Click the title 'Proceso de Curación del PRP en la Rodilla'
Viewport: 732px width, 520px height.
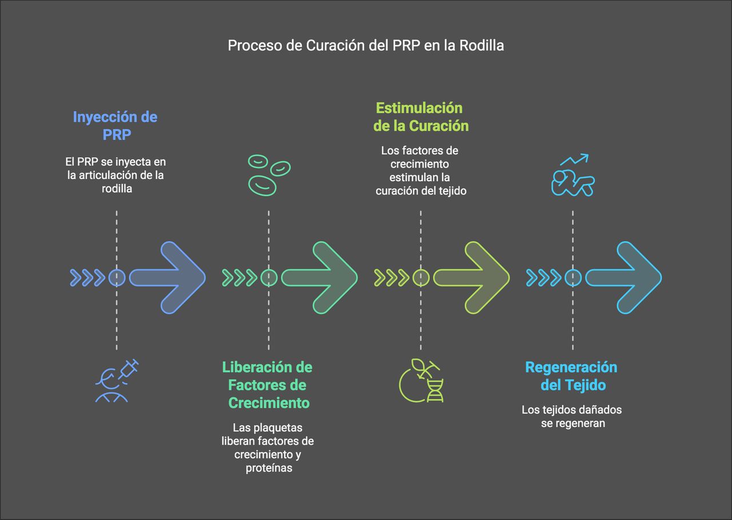(366, 46)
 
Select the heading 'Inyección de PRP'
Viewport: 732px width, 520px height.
(115, 126)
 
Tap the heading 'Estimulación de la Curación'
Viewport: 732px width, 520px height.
(420, 117)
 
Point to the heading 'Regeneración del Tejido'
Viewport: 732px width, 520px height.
(571, 375)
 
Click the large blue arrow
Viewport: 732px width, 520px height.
(167, 278)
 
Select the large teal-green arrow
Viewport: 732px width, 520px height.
(319, 278)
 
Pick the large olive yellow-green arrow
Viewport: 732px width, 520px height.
(471, 278)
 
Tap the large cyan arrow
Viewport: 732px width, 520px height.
(623, 278)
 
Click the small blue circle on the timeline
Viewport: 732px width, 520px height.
(117, 278)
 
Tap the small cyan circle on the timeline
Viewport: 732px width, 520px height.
(573, 278)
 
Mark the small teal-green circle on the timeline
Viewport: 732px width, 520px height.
(269, 278)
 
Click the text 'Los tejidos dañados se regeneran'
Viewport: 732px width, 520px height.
(571, 417)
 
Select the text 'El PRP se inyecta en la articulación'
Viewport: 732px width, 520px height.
(116, 169)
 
